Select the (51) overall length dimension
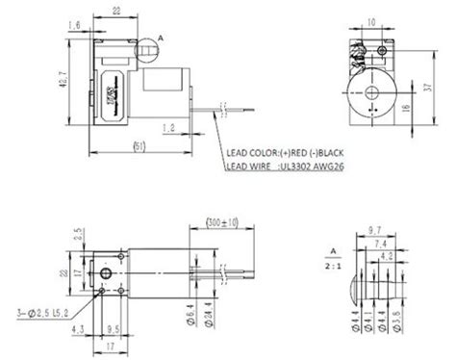[139, 145]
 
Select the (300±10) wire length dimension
[223, 223]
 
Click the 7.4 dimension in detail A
[384, 244]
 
